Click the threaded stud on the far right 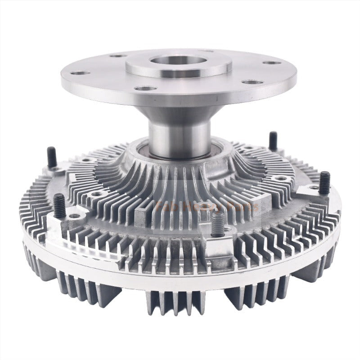tap(325, 182)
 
